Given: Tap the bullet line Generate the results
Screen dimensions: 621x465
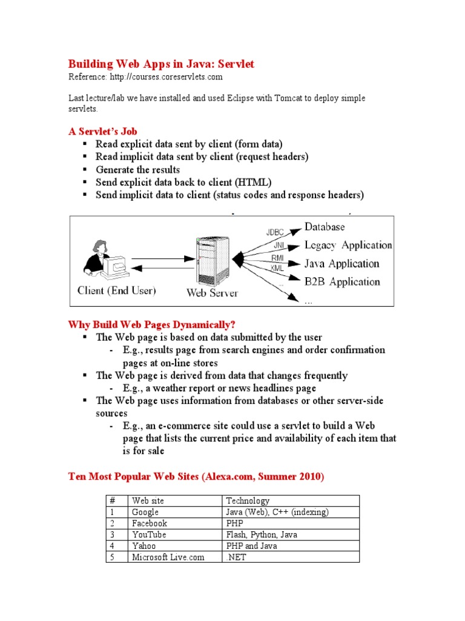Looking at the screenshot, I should click(x=137, y=170).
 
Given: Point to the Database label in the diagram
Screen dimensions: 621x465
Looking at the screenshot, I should click(x=325, y=227).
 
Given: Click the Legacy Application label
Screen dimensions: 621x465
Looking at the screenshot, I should click(x=348, y=245).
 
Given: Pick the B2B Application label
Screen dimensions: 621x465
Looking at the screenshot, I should click(x=342, y=281).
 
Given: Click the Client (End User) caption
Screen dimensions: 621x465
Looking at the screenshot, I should click(x=116, y=290).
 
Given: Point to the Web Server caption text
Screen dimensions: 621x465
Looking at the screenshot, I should click(x=212, y=294).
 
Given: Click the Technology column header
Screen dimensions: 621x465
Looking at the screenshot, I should click(x=248, y=500).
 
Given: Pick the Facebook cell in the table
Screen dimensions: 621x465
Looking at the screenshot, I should click(x=150, y=523).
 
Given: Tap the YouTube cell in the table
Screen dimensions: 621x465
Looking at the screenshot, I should click(x=149, y=535).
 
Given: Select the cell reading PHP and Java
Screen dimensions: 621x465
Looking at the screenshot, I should click(x=252, y=546).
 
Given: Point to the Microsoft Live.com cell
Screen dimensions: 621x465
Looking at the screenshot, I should click(x=168, y=557).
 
